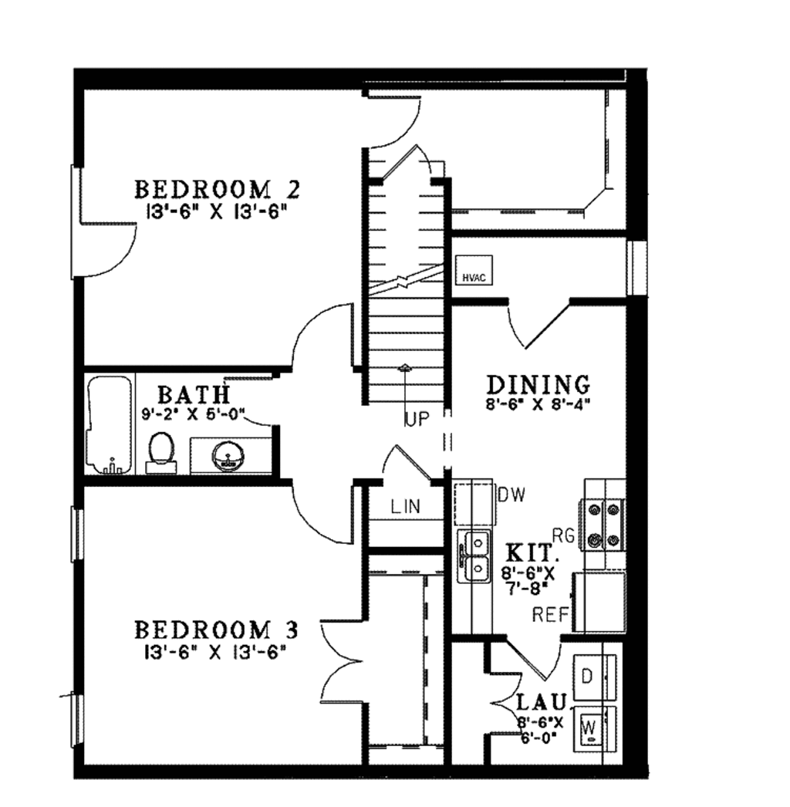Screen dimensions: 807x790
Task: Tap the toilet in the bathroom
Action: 161,451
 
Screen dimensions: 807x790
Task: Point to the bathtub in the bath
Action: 110,425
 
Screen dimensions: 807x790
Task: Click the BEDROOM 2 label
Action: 217,189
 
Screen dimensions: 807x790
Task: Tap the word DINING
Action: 538,383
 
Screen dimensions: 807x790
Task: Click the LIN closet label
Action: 405,507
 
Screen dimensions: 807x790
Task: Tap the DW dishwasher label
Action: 511,495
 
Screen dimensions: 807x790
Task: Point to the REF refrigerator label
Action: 551,615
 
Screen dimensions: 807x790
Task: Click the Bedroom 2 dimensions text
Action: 217,211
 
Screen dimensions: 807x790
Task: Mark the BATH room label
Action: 194,394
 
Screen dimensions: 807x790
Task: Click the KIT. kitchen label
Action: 529,553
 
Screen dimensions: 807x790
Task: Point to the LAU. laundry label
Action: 542,703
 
